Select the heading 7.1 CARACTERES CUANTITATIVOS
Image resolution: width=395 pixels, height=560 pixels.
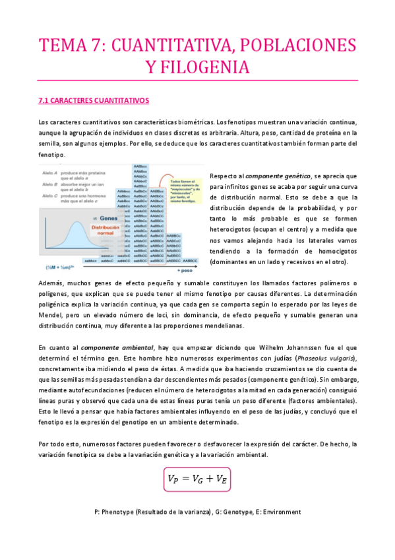coord(94,101)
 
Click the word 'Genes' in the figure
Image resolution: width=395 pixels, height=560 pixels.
coord(109,218)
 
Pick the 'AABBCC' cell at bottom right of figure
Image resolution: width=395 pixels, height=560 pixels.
coord(191,262)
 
